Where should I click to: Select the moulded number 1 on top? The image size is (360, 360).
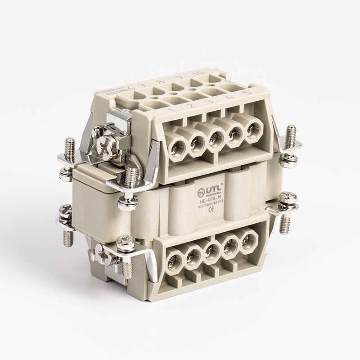171,109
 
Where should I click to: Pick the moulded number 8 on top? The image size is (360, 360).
159,82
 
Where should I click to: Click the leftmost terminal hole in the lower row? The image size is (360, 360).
174,261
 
